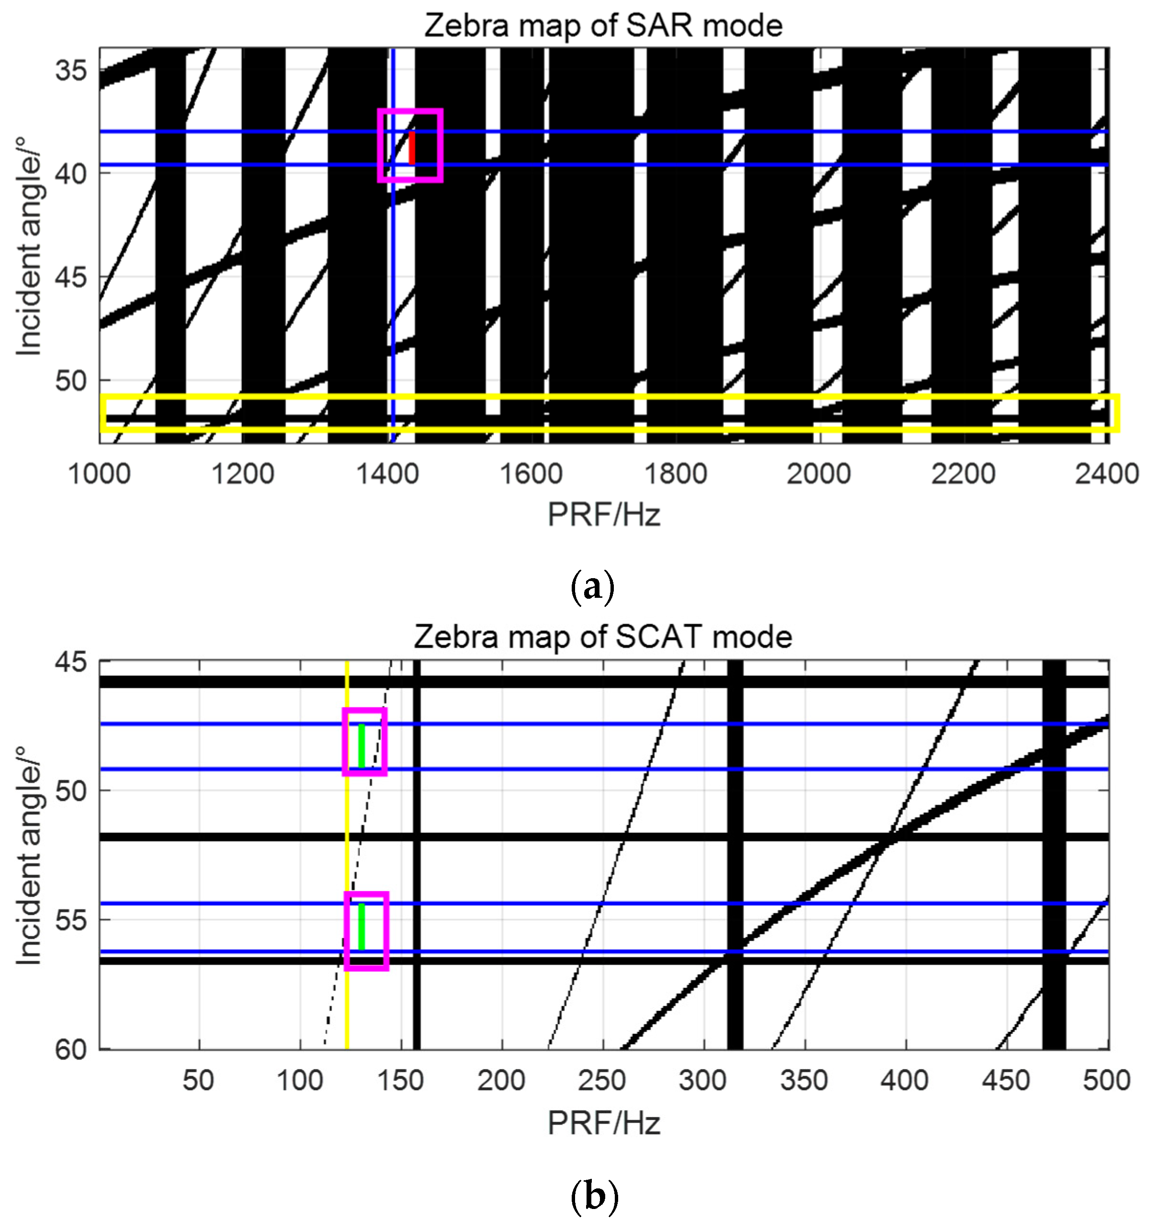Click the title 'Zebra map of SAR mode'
point(602,26)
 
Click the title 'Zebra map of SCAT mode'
point(602,637)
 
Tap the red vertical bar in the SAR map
point(411,147)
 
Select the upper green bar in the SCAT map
point(362,746)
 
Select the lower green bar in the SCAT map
point(362,926)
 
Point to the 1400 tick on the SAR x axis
point(387,474)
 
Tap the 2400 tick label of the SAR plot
point(1107,474)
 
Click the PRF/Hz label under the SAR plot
point(603,515)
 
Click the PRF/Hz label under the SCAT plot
point(603,1123)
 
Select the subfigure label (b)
point(594,1195)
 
